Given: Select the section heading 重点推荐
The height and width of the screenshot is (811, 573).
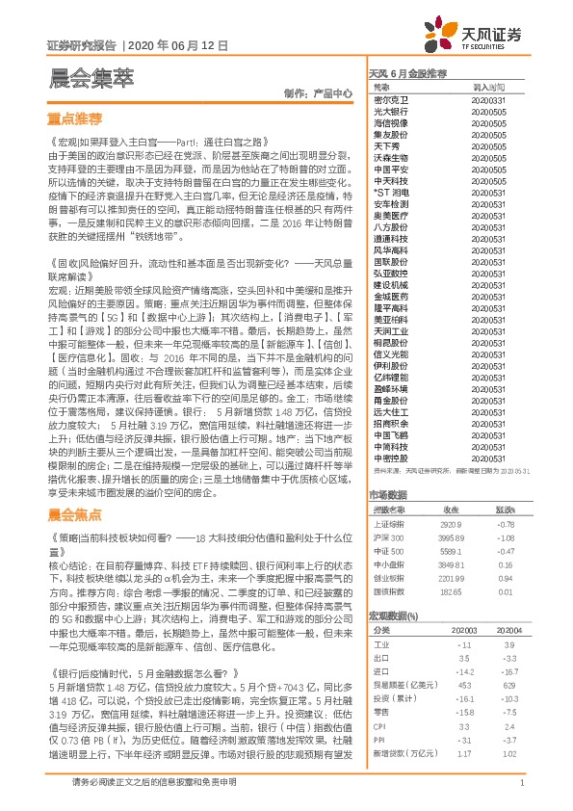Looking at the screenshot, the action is coord(75,119).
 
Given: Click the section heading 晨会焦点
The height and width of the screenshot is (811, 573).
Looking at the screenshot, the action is coord(75,515).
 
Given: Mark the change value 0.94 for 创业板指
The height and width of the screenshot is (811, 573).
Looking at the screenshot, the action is coord(506,579).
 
